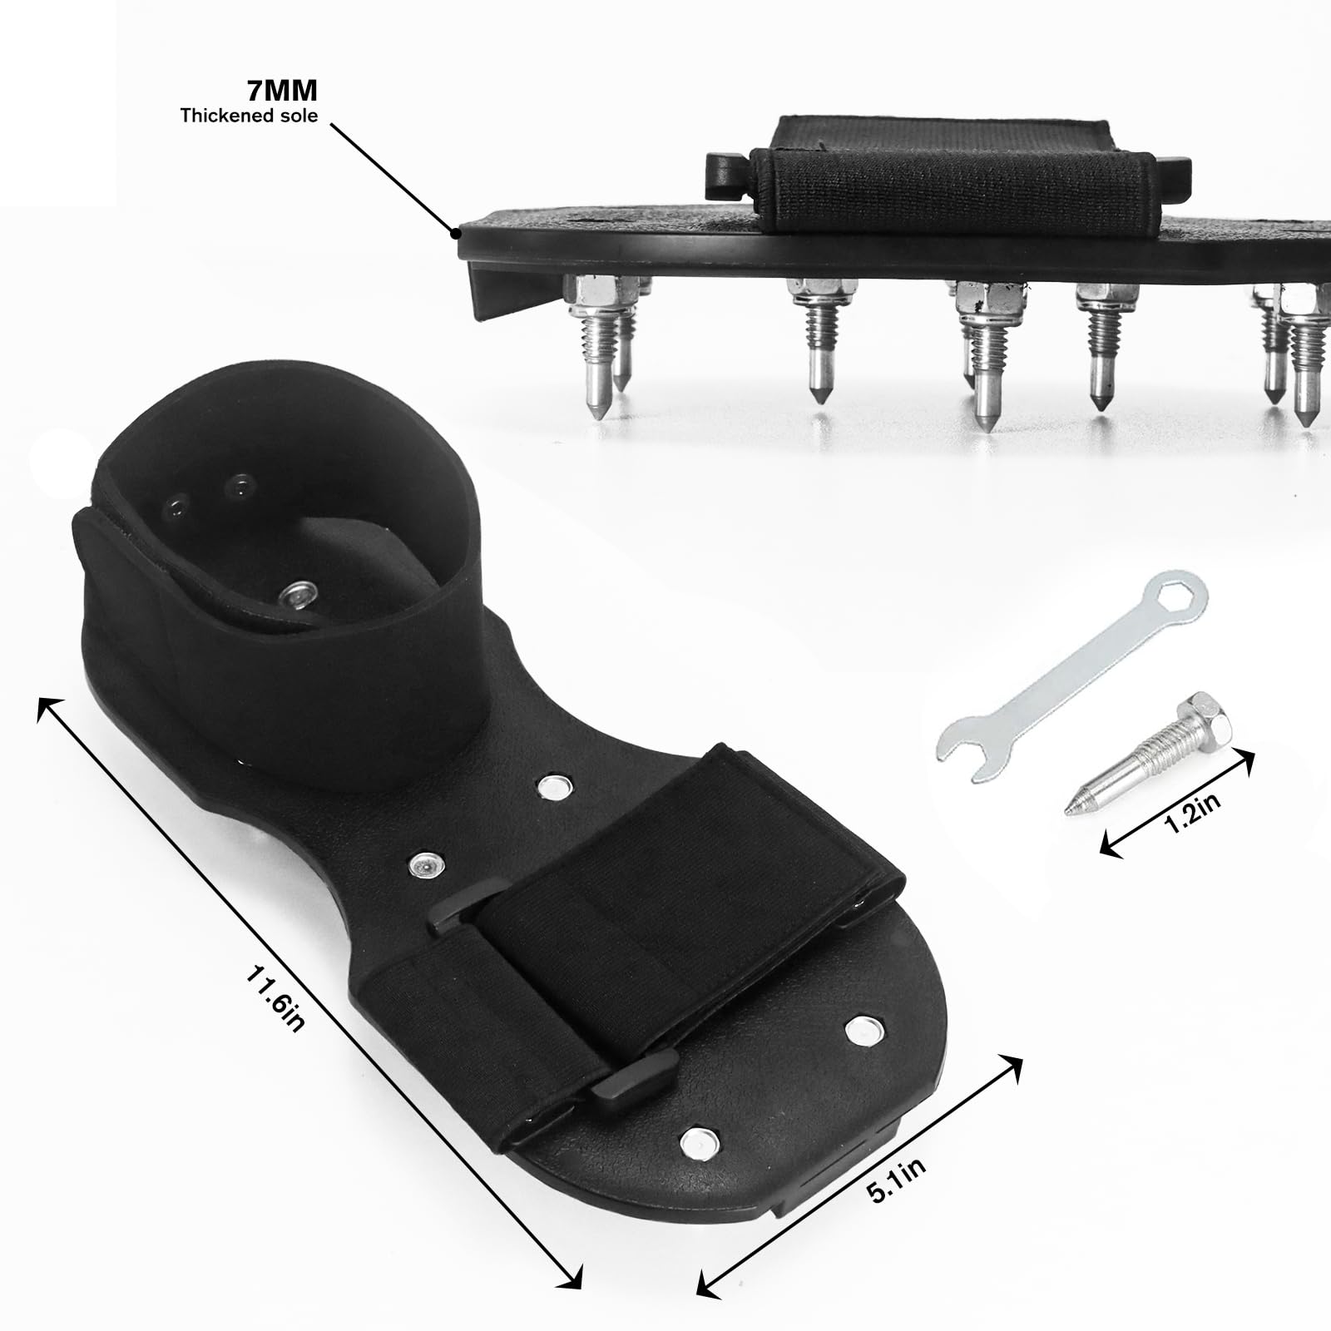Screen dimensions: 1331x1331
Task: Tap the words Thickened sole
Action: click(249, 116)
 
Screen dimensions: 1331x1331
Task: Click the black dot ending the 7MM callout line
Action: click(457, 234)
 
